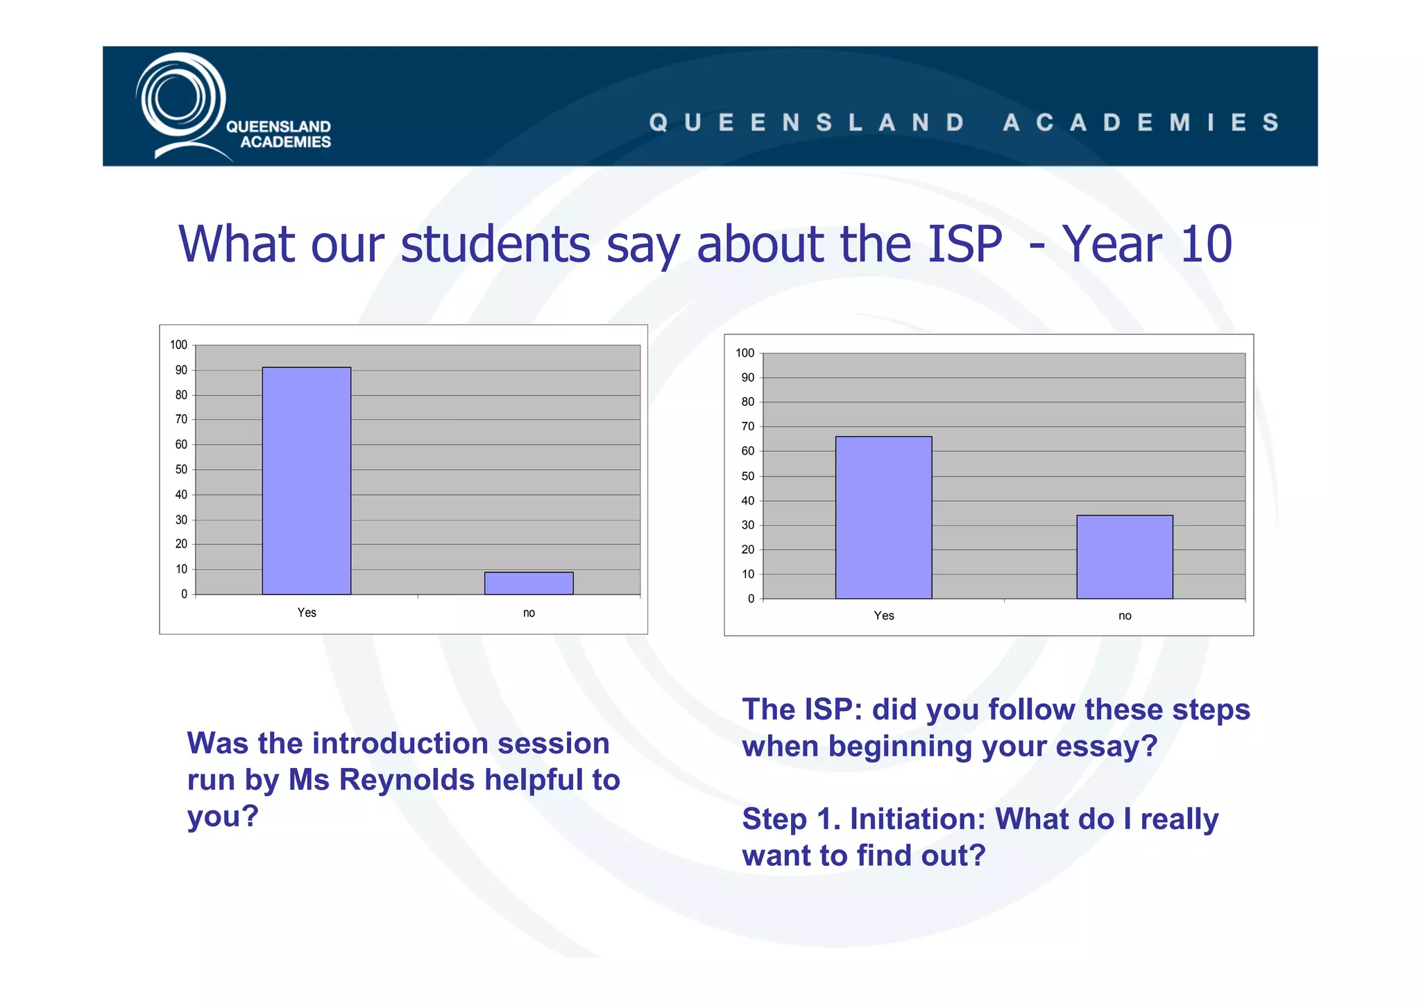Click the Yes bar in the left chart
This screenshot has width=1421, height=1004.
(x=306, y=480)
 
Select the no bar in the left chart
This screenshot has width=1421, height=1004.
(x=529, y=583)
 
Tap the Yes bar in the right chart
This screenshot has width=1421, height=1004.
(x=883, y=517)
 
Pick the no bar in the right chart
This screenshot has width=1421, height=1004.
(x=1124, y=556)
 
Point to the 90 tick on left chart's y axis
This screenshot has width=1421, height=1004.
(x=181, y=371)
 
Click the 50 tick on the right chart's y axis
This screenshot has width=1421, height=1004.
(x=747, y=476)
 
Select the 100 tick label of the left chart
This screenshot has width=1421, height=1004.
(x=178, y=345)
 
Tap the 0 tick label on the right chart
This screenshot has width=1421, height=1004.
(x=751, y=599)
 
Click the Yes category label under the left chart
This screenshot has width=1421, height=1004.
(x=307, y=613)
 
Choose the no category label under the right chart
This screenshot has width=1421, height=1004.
(x=1125, y=616)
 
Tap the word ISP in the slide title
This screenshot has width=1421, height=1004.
(x=964, y=244)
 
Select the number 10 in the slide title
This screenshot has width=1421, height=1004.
(x=1206, y=244)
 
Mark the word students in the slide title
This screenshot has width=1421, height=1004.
(x=495, y=244)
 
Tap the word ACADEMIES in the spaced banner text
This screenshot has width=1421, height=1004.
(x=1141, y=123)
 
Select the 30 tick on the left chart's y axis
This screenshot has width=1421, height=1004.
(x=181, y=520)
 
